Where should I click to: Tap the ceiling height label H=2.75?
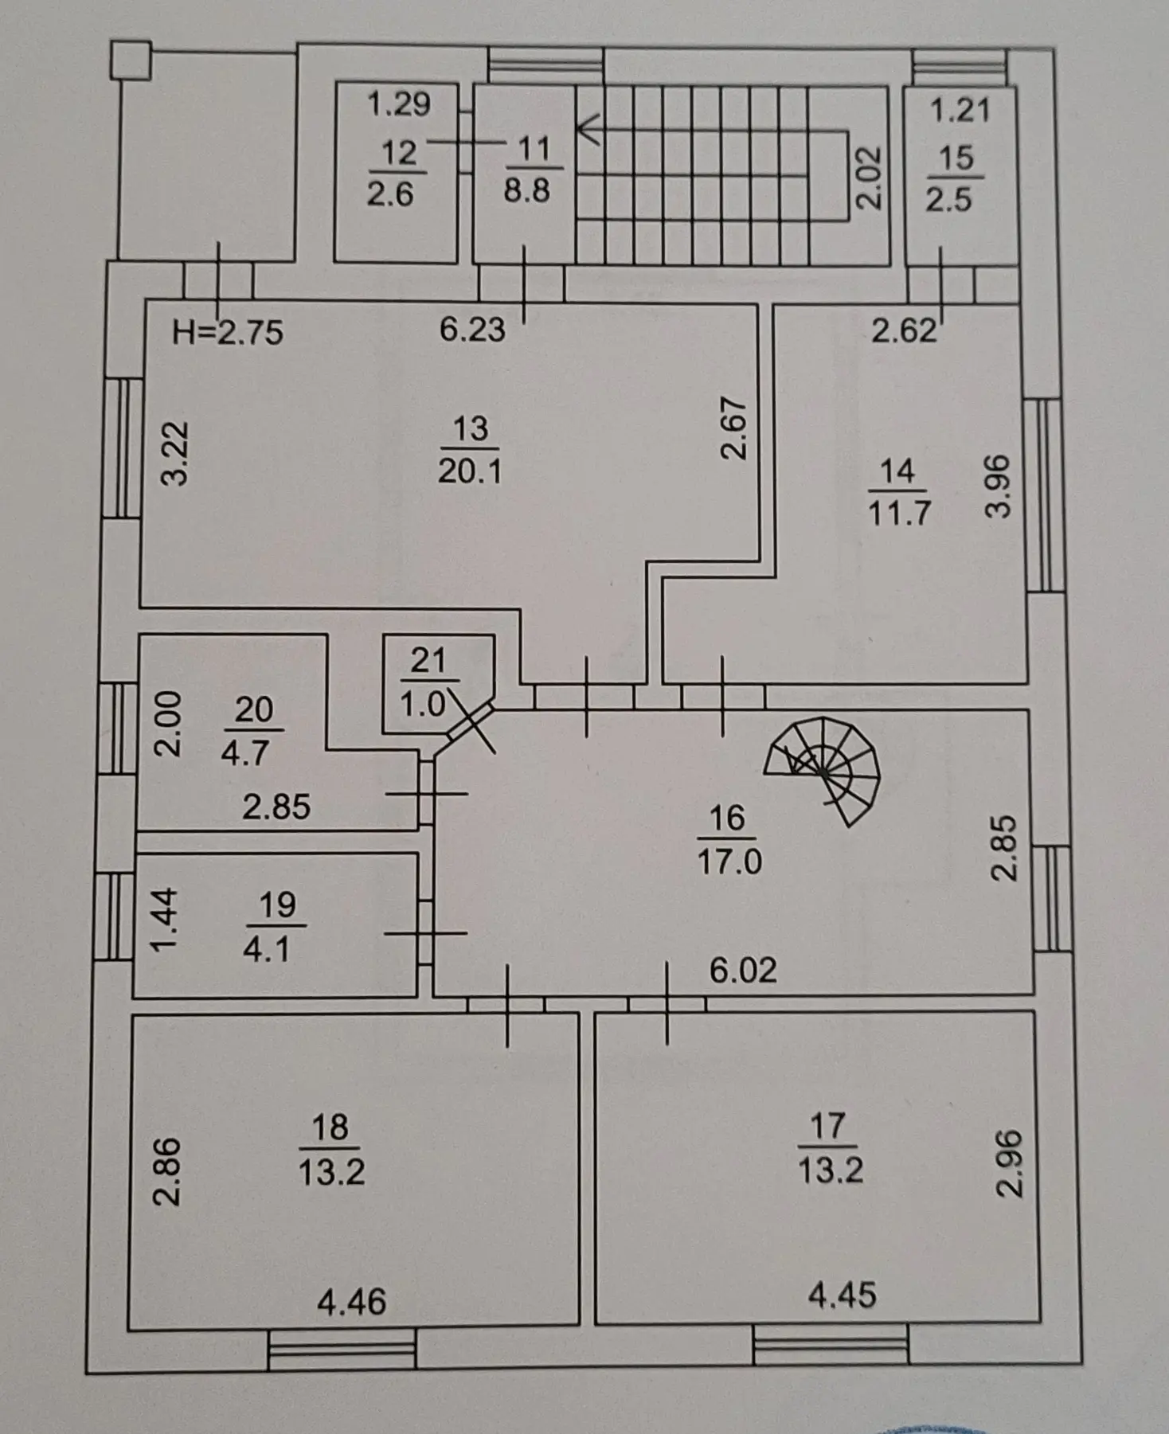[228, 332]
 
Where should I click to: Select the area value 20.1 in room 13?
[470, 471]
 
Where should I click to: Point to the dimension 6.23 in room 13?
[472, 329]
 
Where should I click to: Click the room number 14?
[897, 471]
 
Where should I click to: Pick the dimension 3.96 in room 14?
[999, 486]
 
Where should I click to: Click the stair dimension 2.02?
[870, 178]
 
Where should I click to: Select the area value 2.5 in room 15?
[948, 199]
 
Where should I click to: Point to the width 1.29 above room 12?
[399, 104]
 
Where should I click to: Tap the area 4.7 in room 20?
[244, 752]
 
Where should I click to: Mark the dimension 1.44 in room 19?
[164, 920]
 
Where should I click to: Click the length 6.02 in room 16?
[743, 970]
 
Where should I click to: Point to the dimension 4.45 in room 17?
[842, 1295]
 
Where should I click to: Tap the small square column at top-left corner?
[131, 61]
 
